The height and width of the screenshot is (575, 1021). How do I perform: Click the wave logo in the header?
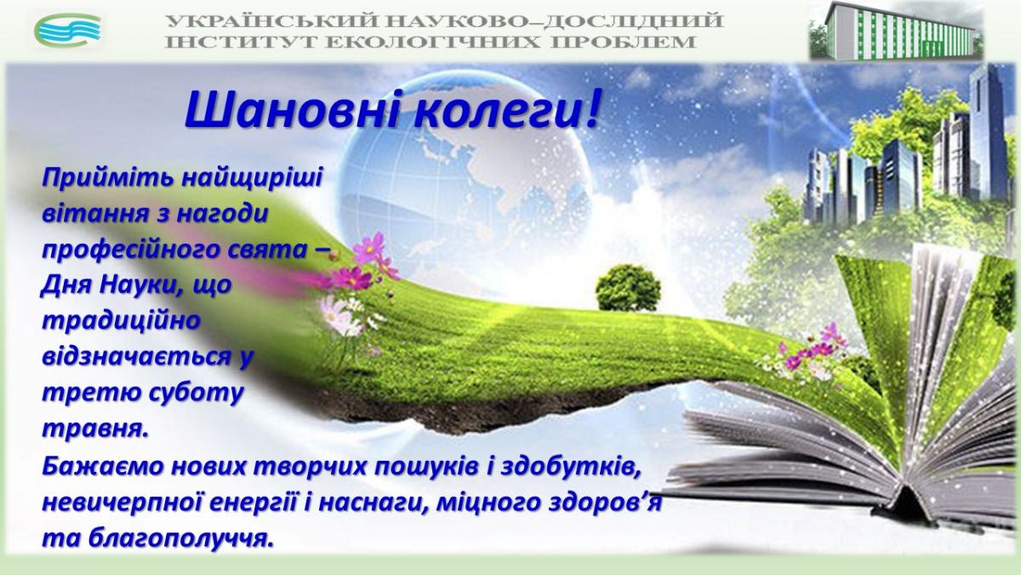tap(67, 30)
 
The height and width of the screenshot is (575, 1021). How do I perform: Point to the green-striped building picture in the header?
tap(896, 31)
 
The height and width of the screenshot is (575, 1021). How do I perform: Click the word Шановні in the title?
tap(292, 109)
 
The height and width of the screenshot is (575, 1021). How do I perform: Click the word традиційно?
tap(121, 322)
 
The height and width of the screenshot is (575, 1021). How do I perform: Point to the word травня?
tap(95, 430)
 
